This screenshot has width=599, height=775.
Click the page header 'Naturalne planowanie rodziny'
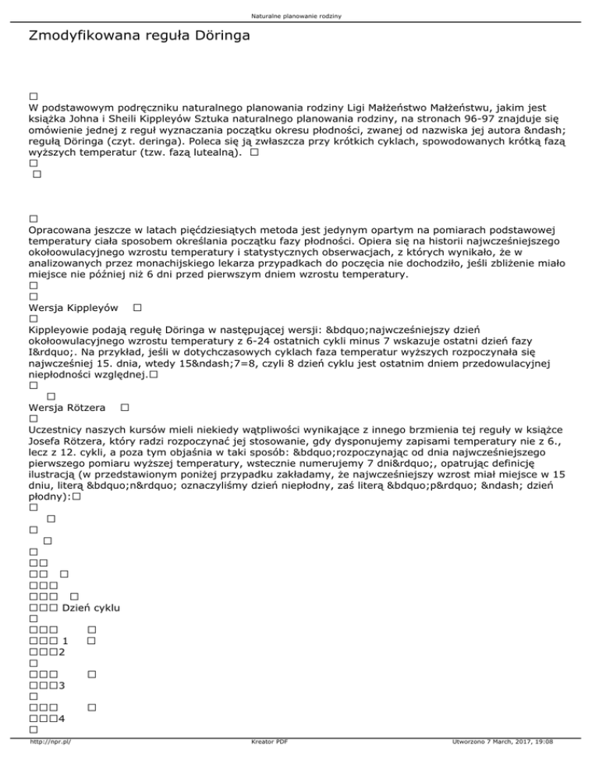pos(299,16)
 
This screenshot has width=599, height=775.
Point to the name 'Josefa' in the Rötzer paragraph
pos(46,443)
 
